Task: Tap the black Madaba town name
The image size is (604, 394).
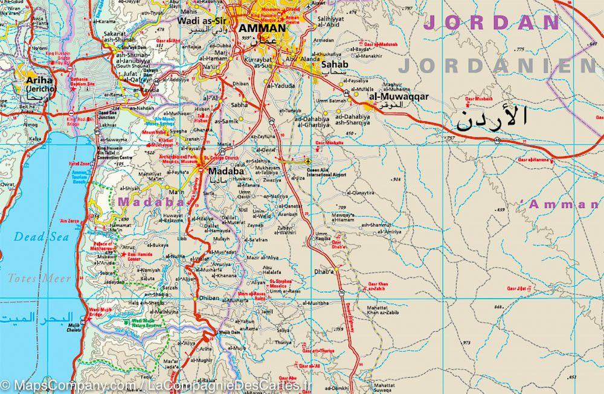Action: click(x=225, y=171)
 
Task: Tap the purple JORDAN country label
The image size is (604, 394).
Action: click(x=492, y=23)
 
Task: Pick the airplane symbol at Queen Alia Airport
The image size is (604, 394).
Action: click(x=309, y=162)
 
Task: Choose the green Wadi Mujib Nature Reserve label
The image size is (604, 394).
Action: click(x=146, y=323)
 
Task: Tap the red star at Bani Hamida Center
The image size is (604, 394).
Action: click(x=124, y=255)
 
